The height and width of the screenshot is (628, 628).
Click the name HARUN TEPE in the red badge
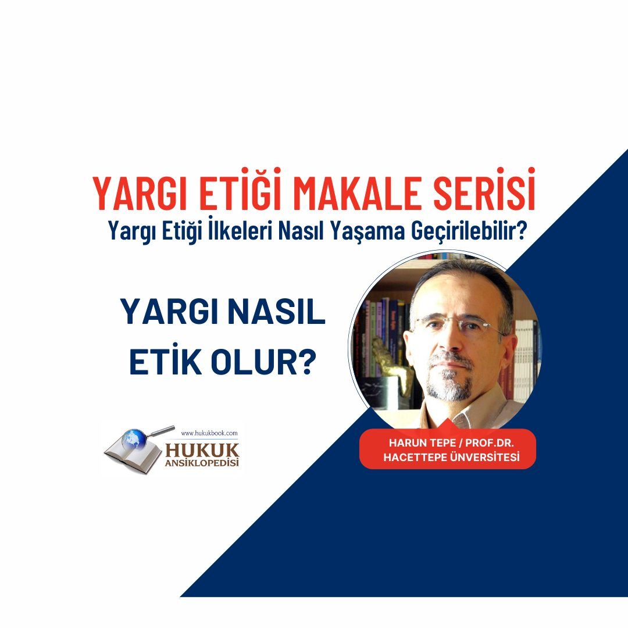[422, 443]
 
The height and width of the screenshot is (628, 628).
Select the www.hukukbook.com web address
[209, 433]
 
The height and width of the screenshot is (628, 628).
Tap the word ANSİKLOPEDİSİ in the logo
[202, 463]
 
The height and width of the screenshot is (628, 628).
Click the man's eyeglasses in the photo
[459, 324]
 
